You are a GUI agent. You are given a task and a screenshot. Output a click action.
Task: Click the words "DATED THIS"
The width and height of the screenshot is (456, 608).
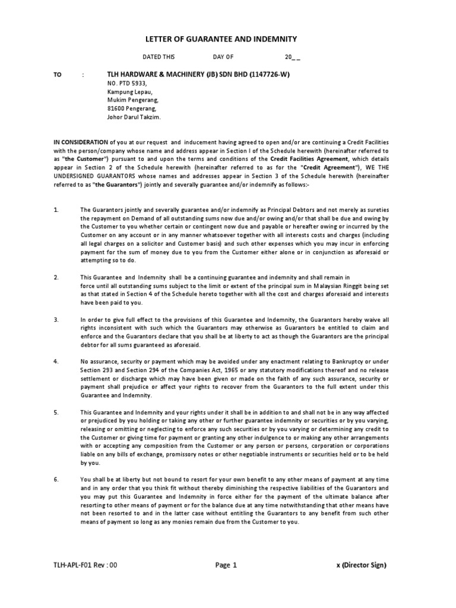159,58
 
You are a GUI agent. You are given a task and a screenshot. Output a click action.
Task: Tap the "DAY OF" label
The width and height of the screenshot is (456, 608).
223,58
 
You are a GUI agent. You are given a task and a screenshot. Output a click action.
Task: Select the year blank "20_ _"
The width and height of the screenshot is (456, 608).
293,58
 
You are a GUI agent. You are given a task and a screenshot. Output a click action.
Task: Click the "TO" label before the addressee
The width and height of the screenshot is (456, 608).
58,75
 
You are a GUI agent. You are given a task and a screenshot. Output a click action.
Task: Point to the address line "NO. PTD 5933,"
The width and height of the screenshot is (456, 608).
125,84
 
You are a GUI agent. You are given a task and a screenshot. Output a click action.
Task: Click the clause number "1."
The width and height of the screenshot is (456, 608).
56,210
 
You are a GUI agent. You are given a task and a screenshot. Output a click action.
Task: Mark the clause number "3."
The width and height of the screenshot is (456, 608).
56,319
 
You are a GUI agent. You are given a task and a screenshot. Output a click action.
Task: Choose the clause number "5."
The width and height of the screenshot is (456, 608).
56,412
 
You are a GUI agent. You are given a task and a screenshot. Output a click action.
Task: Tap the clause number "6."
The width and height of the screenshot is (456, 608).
56,479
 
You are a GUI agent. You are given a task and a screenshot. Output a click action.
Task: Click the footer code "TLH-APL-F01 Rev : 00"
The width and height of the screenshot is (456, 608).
86,565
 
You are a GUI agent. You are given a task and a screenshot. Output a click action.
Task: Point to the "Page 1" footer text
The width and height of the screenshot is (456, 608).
226,565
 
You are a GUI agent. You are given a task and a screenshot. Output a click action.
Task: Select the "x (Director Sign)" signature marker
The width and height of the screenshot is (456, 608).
361,565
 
